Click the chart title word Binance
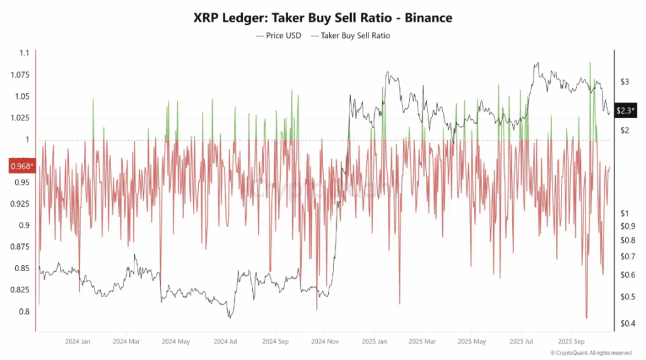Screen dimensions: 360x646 pos(428,18)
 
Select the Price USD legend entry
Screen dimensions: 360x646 pos(279,36)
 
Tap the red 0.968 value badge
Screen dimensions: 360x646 pos(21,166)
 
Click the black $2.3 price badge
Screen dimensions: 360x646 pos(626,110)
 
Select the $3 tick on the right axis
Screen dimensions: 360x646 pos(625,82)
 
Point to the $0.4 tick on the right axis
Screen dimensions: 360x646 pos(626,323)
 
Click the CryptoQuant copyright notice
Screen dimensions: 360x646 pos(590,353)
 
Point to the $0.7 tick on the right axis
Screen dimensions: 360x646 pos(626,257)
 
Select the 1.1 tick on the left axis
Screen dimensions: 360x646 pos(23,54)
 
